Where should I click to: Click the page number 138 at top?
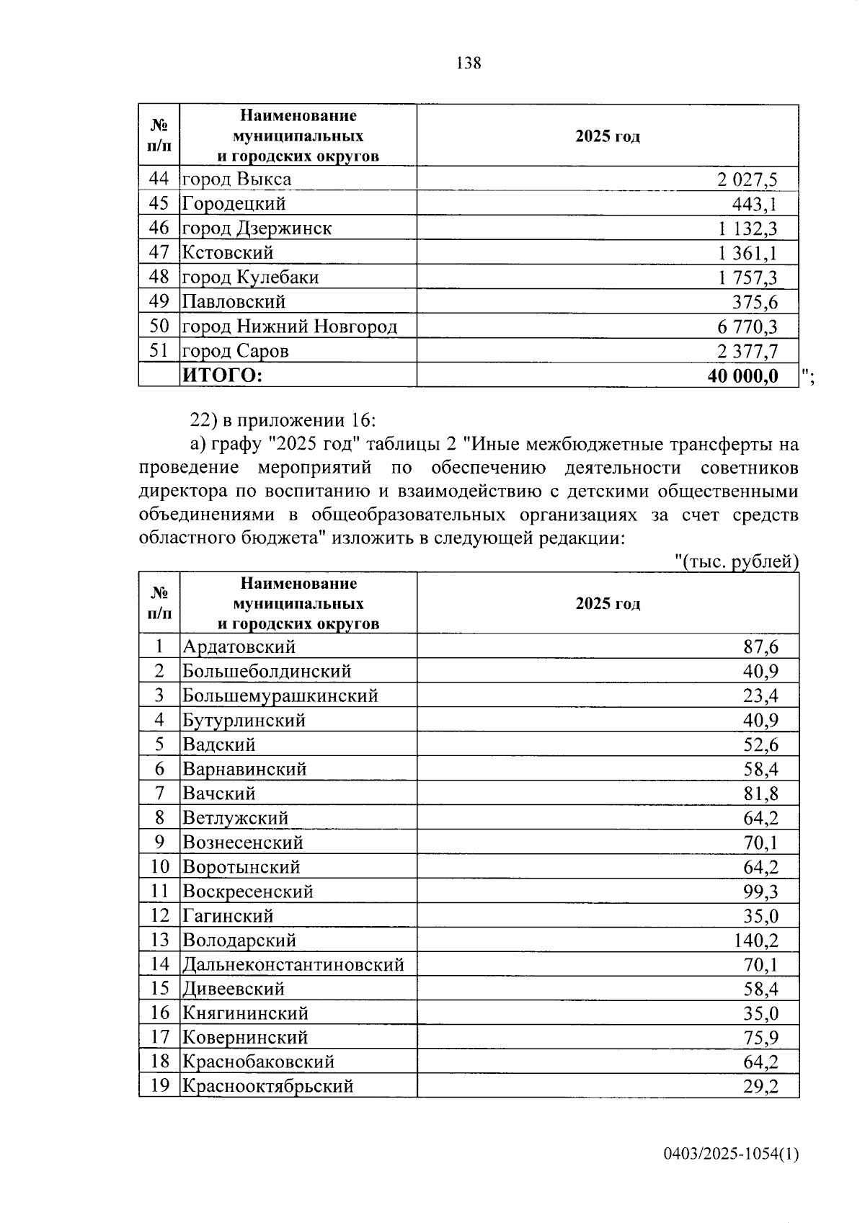pyautogui.click(x=469, y=63)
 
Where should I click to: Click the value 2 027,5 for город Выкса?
pyautogui.click(x=747, y=179)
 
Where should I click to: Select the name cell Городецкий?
pyautogui.click(x=234, y=204)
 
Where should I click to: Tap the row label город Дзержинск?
pyautogui.click(x=257, y=228)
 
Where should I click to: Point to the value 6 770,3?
pyautogui.click(x=747, y=327)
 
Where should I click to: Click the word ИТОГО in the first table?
pyautogui.click(x=222, y=375)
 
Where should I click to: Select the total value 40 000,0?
pyautogui.click(x=742, y=375)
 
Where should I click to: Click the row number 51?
pyautogui.click(x=159, y=351)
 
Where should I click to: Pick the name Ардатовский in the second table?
pyautogui.click(x=239, y=646)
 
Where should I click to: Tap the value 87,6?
pyautogui.click(x=760, y=646)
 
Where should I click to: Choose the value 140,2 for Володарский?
pyautogui.click(x=755, y=940)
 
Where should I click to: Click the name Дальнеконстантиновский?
pyautogui.click(x=293, y=964)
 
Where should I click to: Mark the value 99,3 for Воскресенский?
pyautogui.click(x=760, y=891)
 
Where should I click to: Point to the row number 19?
pyautogui.click(x=159, y=1085)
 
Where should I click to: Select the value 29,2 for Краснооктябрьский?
pyautogui.click(x=760, y=1086)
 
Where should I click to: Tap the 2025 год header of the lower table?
pyautogui.click(x=607, y=604)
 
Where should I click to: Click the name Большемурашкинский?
pyautogui.click(x=280, y=695)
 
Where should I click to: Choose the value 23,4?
pyautogui.click(x=760, y=695)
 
